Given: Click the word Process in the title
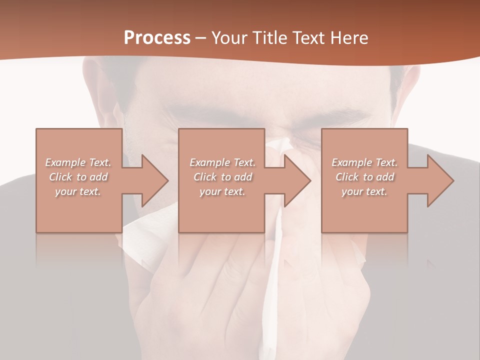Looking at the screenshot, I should (x=157, y=38).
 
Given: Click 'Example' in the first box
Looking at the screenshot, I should (x=65, y=162).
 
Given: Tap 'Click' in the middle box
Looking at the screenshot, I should (x=204, y=177).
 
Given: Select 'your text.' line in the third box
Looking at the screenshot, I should (x=364, y=191).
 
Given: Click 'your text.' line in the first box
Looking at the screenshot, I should (x=78, y=191).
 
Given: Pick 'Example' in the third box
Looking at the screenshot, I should (x=351, y=162).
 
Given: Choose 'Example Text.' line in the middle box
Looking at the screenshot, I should (x=222, y=162).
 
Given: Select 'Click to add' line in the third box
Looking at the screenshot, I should (x=364, y=177).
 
